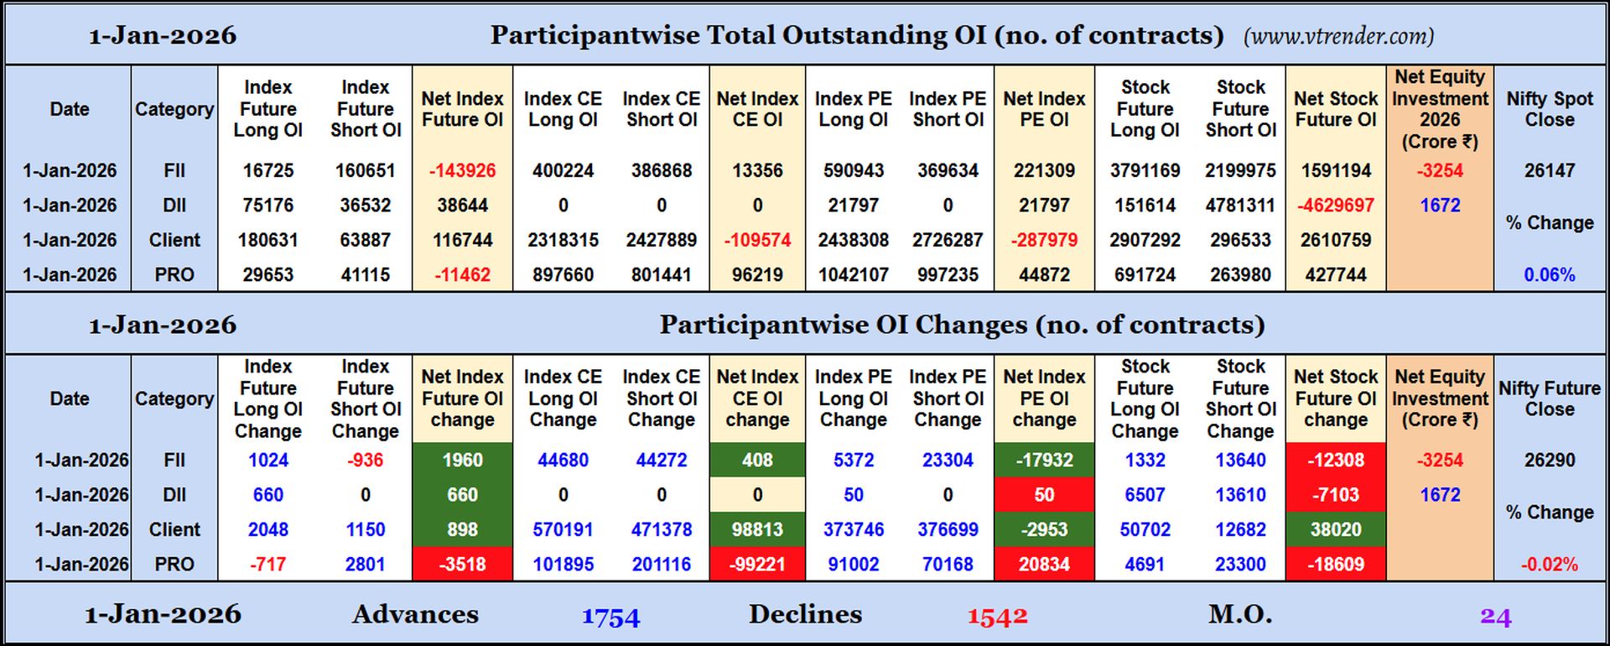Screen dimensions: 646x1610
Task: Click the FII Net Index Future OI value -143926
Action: tap(462, 170)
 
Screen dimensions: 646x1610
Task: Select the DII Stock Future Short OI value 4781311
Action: tap(1240, 206)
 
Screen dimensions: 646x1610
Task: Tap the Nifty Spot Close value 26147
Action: tap(1549, 170)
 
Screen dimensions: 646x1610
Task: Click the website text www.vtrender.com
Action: tap(1338, 36)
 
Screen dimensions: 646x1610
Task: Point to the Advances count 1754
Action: tap(610, 617)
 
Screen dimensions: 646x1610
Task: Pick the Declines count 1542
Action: tap(997, 617)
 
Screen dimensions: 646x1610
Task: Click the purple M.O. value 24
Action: tap(1495, 617)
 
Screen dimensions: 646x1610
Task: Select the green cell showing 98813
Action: tap(757, 529)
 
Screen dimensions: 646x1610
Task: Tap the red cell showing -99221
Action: tap(757, 565)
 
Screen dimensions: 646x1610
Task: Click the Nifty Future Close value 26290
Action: tap(1549, 460)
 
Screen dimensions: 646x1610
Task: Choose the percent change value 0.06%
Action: tap(1549, 274)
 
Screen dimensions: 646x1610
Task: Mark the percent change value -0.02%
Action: tap(1549, 565)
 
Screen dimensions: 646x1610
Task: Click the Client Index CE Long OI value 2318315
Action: tap(563, 240)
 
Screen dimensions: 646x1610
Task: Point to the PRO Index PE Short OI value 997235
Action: tap(948, 274)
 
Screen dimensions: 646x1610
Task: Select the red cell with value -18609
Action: tap(1335, 565)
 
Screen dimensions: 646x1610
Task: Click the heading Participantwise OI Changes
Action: tap(961, 325)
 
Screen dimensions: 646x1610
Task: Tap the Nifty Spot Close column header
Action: tap(1549, 109)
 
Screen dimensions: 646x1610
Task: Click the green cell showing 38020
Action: tap(1335, 529)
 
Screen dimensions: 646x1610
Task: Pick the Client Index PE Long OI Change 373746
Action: tap(853, 529)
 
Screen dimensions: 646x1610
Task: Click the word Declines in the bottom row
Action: tap(805, 614)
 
